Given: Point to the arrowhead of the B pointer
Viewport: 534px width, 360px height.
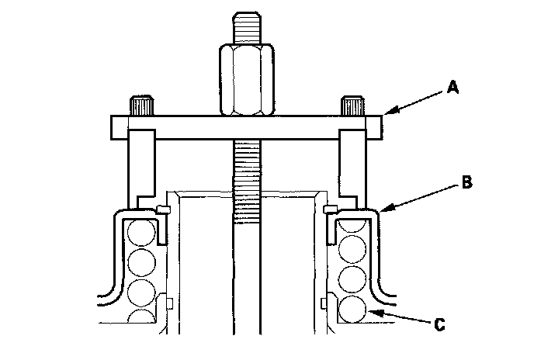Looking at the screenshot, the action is coord(382,209).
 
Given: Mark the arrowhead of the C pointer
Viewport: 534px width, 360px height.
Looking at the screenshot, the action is coord(371,312).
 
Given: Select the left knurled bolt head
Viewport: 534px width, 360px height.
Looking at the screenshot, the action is coord(140,105).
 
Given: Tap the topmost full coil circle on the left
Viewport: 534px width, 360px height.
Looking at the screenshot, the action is coord(141,232).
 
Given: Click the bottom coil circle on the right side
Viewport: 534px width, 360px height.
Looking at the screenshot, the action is coord(352,308).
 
